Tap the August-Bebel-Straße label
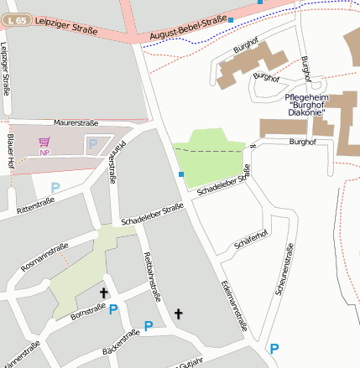click(188, 27)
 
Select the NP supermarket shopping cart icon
click(44, 143)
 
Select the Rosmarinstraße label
click(44, 257)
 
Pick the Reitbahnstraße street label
click(152, 277)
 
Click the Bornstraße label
click(87, 311)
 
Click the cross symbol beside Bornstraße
click(104, 293)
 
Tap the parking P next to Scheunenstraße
click(274, 348)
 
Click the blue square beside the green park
click(181, 174)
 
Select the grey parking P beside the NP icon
click(92, 144)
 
